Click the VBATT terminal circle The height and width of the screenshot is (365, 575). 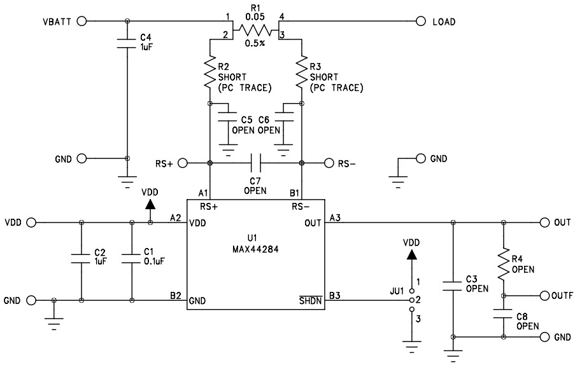[81, 21]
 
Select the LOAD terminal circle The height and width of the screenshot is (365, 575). [420, 21]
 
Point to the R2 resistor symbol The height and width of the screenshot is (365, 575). [209, 73]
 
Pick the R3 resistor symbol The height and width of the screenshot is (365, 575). [301, 73]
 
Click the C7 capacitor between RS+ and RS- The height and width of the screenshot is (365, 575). [255, 163]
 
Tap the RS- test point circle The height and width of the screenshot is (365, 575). [329, 163]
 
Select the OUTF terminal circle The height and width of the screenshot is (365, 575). [544, 296]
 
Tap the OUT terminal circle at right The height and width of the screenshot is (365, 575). [544, 223]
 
